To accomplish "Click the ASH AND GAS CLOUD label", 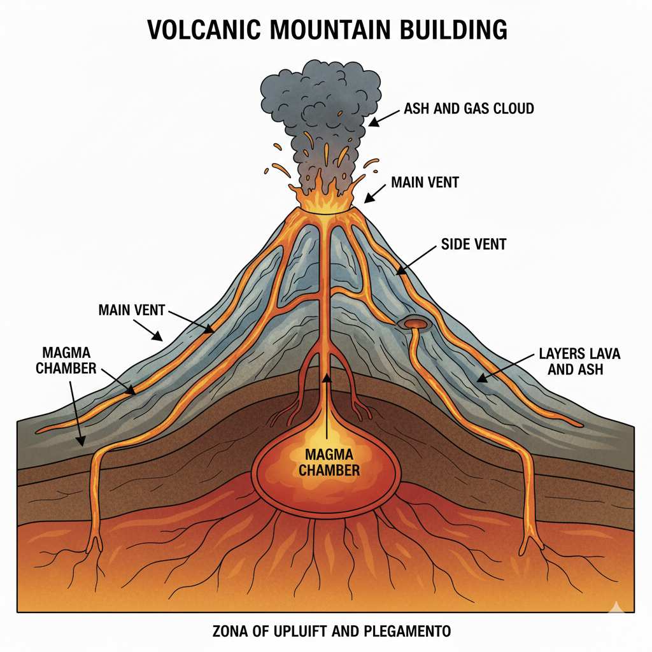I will (x=469, y=109).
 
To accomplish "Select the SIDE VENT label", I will (x=474, y=244).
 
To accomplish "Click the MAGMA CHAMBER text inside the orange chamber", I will (x=326, y=463).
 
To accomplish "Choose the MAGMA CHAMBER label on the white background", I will (x=67, y=360).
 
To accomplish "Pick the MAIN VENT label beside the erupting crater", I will (x=425, y=183).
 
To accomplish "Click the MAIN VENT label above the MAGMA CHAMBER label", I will (x=132, y=311).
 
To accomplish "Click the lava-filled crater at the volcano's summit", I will (x=324, y=203).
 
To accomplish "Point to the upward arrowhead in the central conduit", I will (x=327, y=378).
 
